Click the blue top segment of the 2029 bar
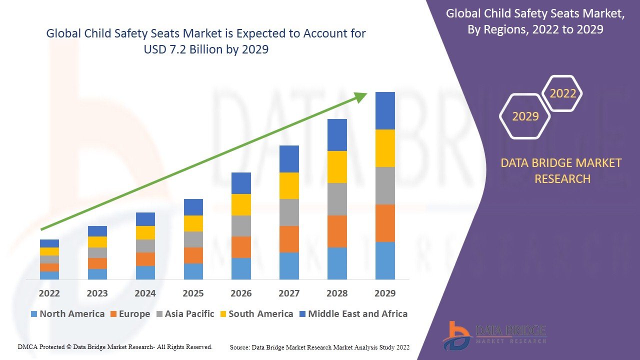coord(385,110)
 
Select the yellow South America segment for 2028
coord(337,167)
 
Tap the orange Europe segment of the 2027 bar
coord(289,239)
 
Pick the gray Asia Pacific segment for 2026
coord(241,226)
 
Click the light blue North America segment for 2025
coord(193,271)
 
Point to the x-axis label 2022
coord(49,293)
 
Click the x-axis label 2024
coord(145,293)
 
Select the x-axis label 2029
coord(385,293)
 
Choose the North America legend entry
coord(67,314)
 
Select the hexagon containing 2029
coord(525,116)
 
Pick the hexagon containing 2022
coord(562,93)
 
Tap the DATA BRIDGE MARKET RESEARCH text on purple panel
coord(562,170)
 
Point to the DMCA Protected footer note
coord(115,346)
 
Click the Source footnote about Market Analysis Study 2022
coord(320,347)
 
